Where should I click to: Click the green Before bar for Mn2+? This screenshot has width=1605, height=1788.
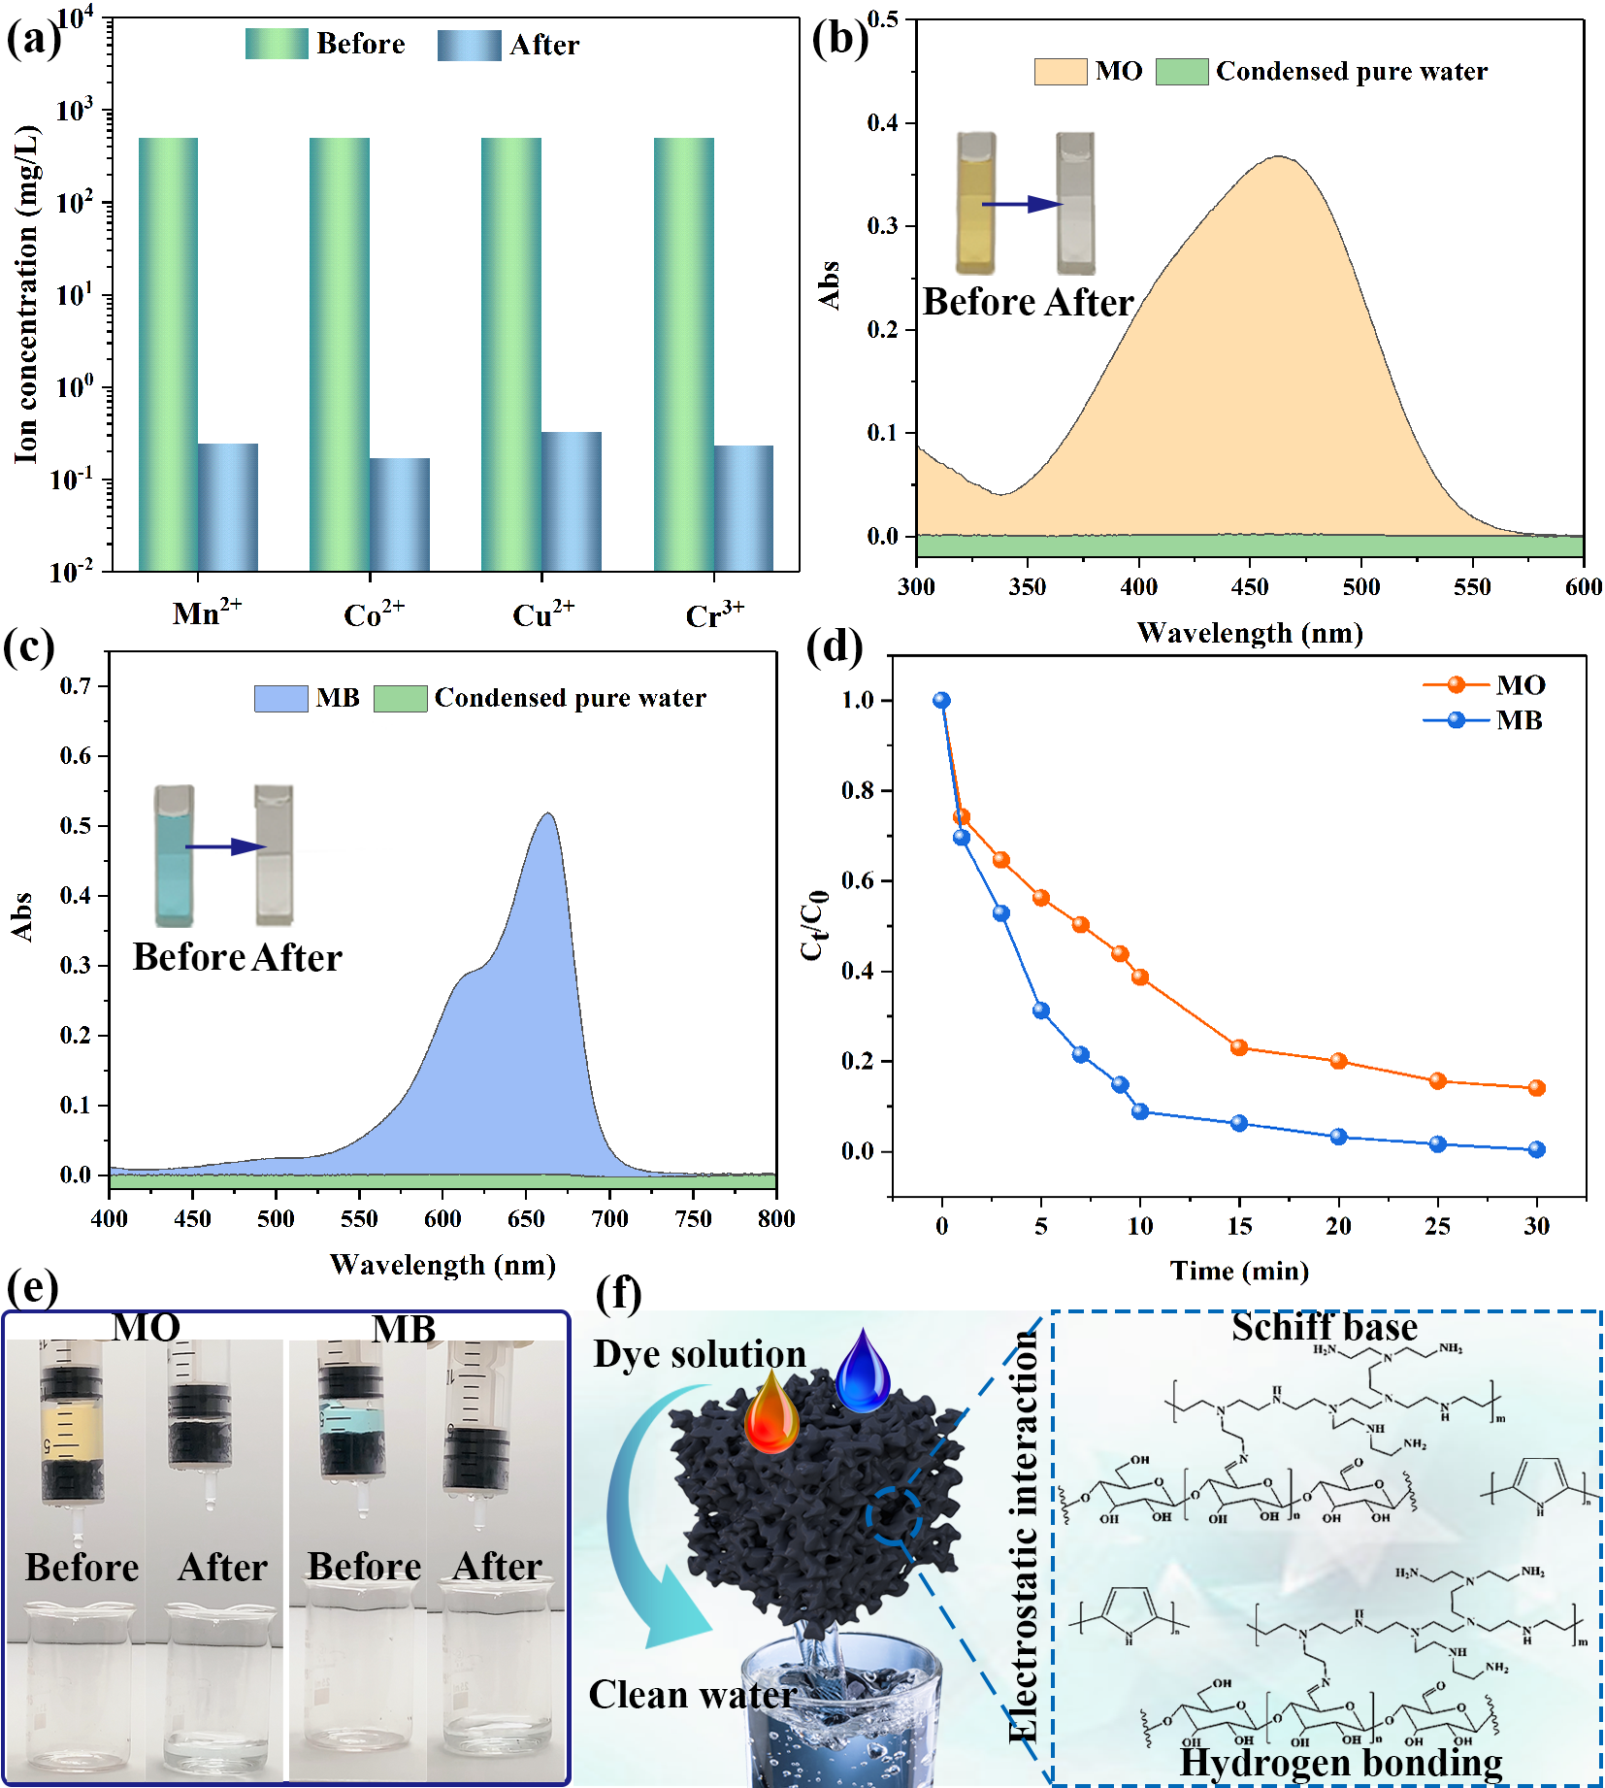[168, 353]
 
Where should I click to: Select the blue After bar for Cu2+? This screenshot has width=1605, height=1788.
[572, 501]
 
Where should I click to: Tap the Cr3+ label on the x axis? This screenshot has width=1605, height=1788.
[714, 615]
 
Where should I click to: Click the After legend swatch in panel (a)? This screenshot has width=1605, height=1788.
[469, 45]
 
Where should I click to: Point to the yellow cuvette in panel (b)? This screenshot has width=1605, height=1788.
[976, 204]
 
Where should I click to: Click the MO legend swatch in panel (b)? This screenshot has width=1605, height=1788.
[1060, 72]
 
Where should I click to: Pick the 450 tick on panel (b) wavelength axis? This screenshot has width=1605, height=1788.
[1250, 586]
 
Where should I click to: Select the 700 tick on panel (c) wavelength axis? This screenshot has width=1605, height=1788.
[610, 1218]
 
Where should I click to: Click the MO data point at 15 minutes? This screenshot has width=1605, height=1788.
[1239, 1047]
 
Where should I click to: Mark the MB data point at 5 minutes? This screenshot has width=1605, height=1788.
[1041, 1010]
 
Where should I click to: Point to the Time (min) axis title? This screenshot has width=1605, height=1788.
[1239, 1271]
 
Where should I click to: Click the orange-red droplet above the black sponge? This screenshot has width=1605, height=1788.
[771, 1411]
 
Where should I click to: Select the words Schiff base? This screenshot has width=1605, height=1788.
[1324, 1327]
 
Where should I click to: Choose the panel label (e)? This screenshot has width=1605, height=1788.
[32, 1289]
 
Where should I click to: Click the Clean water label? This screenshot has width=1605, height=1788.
[692, 1695]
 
